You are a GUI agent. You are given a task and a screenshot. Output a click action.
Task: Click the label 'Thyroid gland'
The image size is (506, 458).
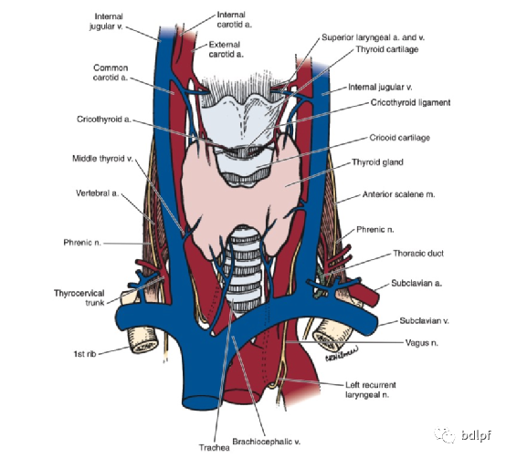tap(377, 162)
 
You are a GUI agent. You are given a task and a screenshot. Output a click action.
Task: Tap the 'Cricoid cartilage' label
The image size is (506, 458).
tap(399, 138)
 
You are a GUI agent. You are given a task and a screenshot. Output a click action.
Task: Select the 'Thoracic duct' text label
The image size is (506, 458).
tap(418, 254)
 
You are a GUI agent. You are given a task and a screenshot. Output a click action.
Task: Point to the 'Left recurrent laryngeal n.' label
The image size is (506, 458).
tap(370, 390)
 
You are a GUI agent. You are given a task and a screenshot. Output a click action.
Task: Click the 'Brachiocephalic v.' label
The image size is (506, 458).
tap(266, 442)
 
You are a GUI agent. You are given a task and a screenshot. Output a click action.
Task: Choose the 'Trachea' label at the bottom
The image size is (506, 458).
tap(215, 448)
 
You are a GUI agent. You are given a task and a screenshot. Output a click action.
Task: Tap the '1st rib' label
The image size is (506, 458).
tap(85, 354)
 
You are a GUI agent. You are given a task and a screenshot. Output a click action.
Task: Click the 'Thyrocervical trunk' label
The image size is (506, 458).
tap(79, 297)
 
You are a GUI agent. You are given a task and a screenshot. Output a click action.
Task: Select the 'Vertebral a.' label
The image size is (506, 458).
tap(97, 193)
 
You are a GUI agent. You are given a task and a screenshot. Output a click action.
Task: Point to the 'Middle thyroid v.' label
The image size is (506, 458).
tap(102, 159)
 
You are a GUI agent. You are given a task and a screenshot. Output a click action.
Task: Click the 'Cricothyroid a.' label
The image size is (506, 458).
tap(104, 120)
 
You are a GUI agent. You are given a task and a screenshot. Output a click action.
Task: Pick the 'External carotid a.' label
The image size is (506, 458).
tap(226, 49)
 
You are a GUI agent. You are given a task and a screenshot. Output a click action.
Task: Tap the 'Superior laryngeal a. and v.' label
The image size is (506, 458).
tap(373, 37)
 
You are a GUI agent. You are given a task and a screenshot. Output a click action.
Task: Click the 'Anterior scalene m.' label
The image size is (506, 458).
tap(398, 194)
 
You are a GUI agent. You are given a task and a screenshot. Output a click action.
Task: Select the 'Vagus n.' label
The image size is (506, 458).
tap(421, 343)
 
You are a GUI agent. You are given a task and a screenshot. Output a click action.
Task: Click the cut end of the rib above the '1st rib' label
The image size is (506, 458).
tap(143, 341)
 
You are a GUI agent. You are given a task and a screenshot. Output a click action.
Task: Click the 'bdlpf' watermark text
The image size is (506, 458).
tap(476, 435)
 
